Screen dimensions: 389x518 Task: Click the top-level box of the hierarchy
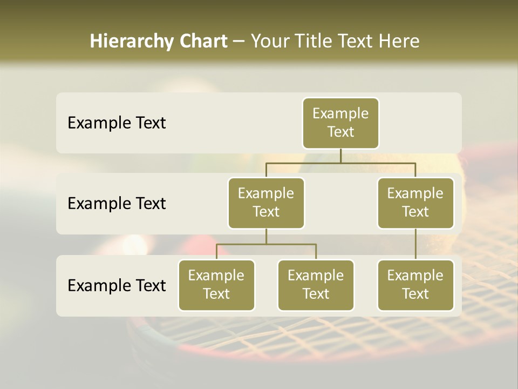tap(340, 123)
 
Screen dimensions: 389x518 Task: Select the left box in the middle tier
tap(266, 203)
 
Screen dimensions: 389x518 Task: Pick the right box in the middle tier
tap(415, 203)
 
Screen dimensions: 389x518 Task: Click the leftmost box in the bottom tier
tap(216, 285)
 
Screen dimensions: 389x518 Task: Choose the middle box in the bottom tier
tap(316, 285)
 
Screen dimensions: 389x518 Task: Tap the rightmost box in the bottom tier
tap(415, 285)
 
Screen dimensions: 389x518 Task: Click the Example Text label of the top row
tap(117, 123)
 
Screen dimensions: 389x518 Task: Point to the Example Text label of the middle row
tap(117, 204)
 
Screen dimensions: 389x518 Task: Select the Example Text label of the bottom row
tap(117, 285)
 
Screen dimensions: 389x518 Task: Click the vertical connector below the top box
tap(340, 156)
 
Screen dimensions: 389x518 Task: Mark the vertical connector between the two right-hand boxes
tap(415, 244)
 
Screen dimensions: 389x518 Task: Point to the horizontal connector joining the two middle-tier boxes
tap(340, 163)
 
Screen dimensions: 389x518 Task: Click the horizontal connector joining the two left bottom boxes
tap(266, 244)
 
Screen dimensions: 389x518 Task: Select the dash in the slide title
tap(239, 42)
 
